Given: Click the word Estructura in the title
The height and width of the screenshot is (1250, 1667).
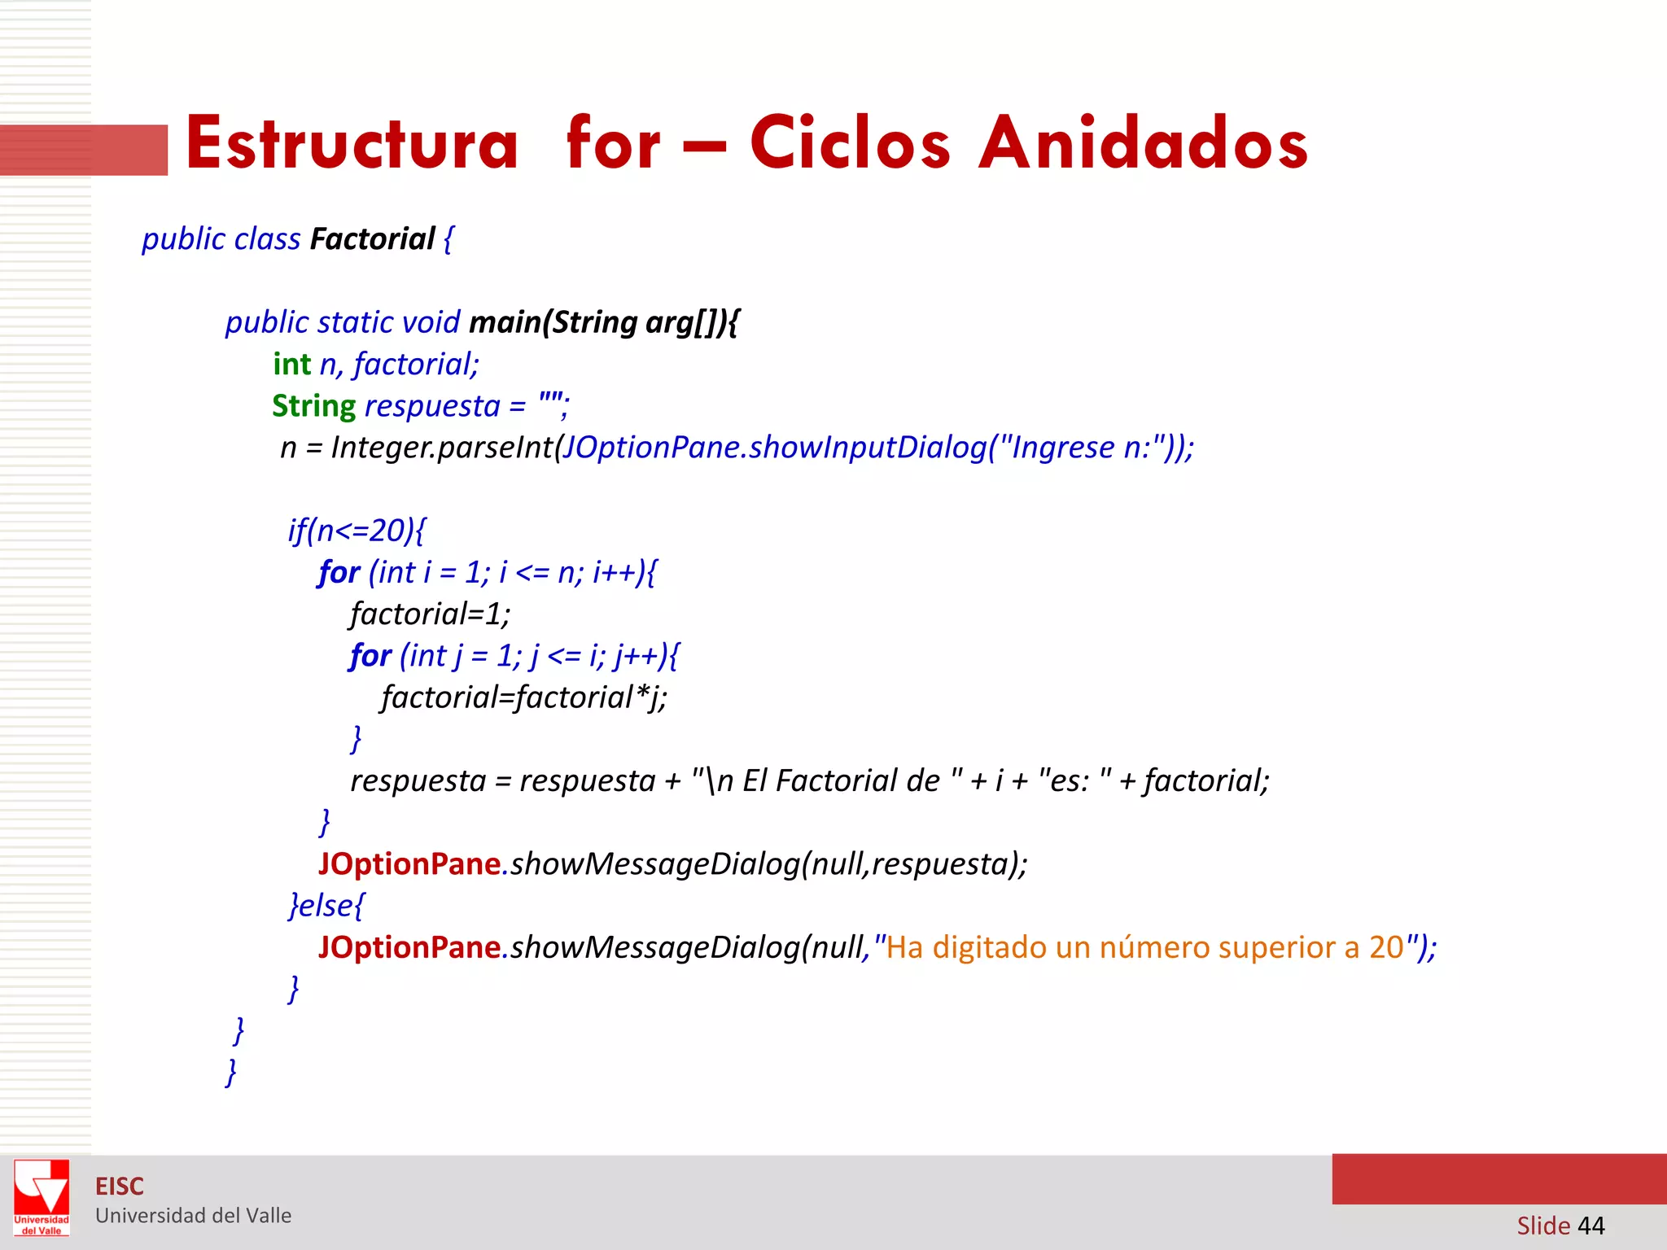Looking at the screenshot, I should point(352,143).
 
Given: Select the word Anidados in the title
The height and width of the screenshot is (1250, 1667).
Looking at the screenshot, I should point(1143,143).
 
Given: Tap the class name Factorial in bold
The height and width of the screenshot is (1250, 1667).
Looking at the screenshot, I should point(372,239).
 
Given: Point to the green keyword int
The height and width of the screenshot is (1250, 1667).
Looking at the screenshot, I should point(291,364).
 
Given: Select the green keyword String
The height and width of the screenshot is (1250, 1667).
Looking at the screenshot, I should point(313,405).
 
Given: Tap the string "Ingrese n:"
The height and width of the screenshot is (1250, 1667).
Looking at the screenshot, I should point(1079,447).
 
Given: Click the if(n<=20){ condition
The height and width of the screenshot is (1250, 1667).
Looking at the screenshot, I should point(357,531).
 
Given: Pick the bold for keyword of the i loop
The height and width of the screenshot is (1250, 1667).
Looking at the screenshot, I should point(339,572).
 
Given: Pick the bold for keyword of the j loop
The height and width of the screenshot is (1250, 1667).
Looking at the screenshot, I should point(370,655).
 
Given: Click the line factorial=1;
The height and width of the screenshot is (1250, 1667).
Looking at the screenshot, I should point(430,614).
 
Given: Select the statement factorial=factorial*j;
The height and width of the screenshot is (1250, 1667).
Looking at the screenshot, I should point(524,697).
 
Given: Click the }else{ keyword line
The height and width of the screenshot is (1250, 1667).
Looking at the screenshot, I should point(326,905).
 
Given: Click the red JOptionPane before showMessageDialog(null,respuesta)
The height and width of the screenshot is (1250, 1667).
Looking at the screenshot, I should point(409,863).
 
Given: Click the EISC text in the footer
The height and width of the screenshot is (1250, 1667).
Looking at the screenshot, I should point(120,1187).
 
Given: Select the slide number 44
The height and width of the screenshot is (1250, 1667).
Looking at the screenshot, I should point(1590,1225).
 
